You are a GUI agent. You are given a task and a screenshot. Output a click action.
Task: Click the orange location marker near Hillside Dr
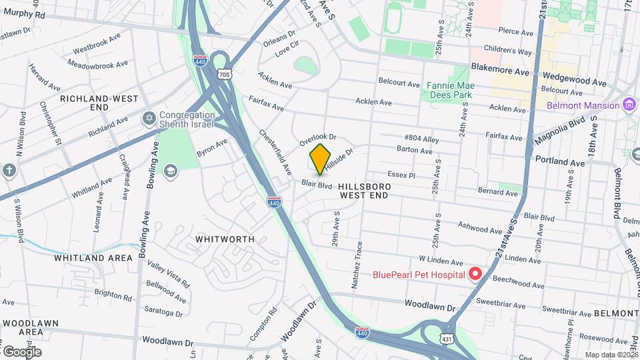320,158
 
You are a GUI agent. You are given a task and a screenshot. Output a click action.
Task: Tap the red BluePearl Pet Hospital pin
475,273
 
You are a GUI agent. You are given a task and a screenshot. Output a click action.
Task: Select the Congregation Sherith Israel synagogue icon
149,118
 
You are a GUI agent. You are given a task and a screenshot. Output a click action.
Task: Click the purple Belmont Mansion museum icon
628,105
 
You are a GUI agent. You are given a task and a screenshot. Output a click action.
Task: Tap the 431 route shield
446,339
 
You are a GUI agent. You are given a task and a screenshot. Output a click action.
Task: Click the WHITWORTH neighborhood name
225,239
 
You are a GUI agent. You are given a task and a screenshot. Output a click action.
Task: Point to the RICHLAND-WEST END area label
99,102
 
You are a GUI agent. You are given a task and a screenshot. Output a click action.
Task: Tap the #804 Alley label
421,138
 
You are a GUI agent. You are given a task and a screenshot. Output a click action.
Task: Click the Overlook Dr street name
317,139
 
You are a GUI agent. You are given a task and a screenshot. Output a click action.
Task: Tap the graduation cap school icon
170,171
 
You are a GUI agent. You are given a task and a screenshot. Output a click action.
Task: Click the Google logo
22,351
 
